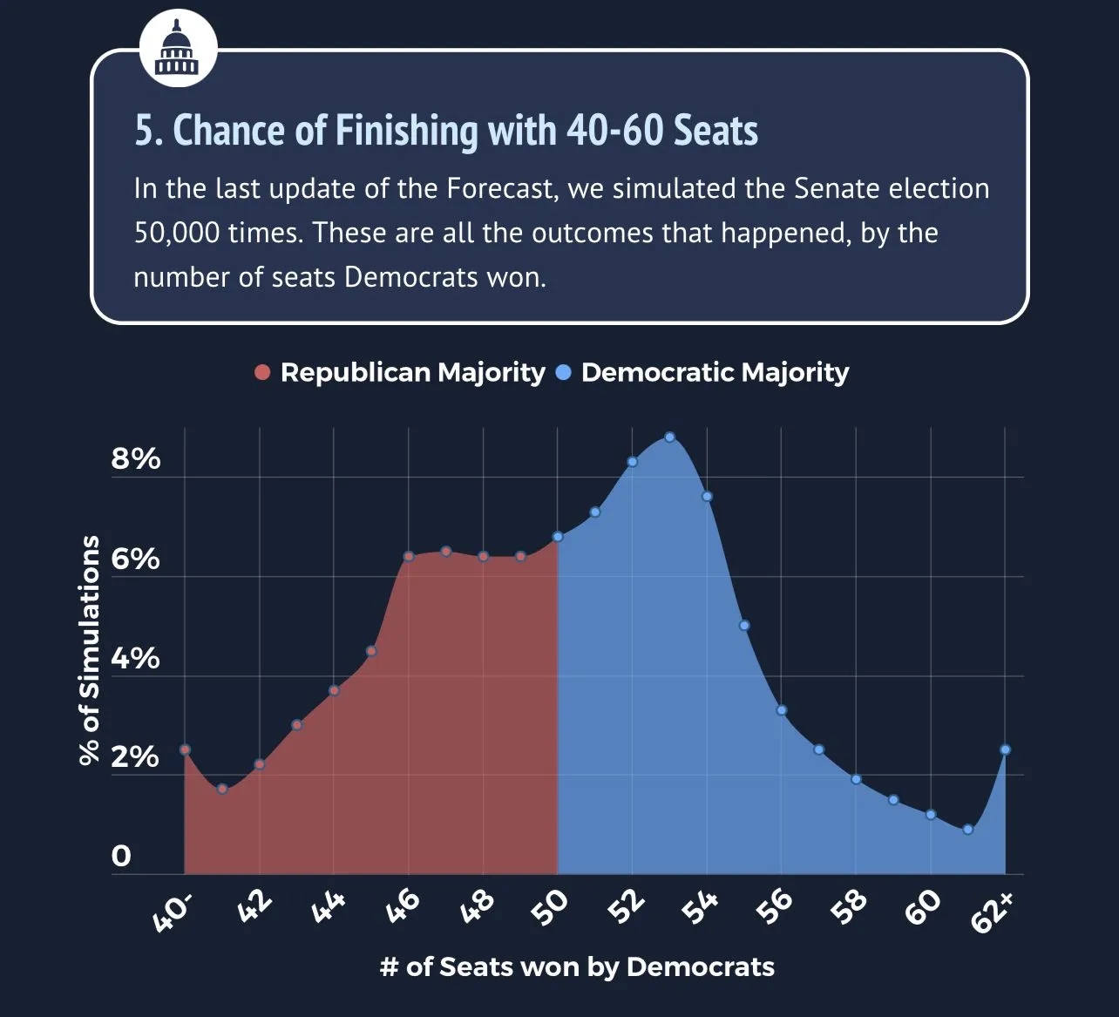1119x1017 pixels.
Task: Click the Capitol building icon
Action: coord(178,48)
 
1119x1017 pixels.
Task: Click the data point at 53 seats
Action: coord(669,437)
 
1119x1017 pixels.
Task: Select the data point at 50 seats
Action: coord(558,537)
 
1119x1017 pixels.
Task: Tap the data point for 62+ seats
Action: coord(1005,749)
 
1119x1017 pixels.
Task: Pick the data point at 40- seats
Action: coord(185,749)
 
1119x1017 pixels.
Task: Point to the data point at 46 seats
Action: coord(408,556)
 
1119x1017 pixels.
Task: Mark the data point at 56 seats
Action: coord(782,710)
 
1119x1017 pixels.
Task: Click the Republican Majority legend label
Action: coord(412,372)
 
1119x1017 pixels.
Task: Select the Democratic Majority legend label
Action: coord(715,372)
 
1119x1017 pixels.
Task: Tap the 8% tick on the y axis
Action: coord(136,459)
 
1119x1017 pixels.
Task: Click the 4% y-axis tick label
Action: coord(136,658)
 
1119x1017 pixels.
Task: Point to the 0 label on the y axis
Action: coord(121,856)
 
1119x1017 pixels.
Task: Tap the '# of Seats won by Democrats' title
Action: coord(577,966)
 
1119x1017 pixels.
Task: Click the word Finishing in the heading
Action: coord(406,131)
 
